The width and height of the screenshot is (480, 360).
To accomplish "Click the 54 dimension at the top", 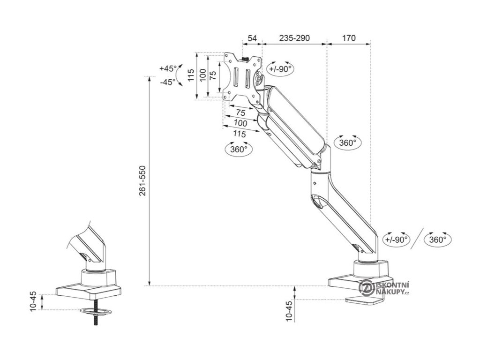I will tap(252, 38).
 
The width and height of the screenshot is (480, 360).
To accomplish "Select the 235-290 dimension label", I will tap(294, 38).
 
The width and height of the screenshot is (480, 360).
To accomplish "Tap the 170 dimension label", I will tap(349, 38).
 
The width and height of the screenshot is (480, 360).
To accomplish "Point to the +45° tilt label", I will tap(168, 68).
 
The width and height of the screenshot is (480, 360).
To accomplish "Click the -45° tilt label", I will tap(167, 82).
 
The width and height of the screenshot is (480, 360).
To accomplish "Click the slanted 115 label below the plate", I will tap(239, 134).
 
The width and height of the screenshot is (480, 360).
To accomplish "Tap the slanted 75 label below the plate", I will tap(240, 113).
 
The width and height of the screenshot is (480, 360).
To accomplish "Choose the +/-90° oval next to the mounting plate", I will tap(280, 69).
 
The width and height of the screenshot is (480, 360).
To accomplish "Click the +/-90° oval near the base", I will tap(396, 239).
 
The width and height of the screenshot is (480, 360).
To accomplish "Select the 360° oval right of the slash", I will tap(437, 239).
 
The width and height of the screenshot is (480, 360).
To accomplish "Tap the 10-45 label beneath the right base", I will tap(289, 310).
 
